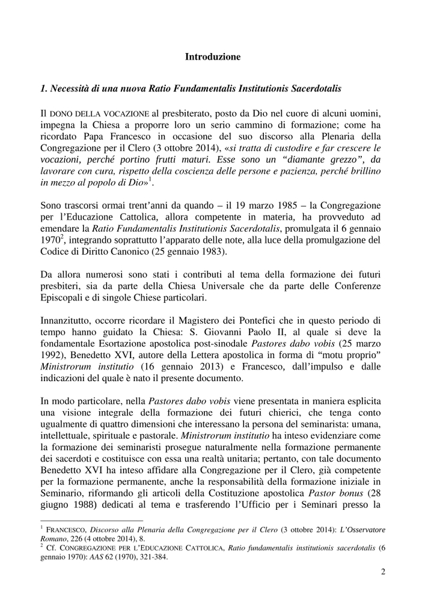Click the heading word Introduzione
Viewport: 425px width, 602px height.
point(212,57)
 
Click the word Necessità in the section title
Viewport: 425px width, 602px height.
point(72,88)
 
